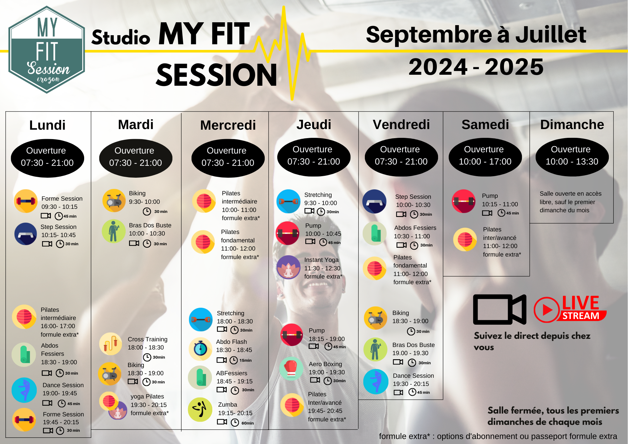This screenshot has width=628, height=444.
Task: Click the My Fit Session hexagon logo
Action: tap(47, 50)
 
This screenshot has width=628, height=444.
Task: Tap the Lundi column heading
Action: tap(47, 125)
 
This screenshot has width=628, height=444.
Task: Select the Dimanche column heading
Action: tap(572, 125)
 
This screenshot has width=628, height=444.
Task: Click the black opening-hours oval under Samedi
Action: tap(485, 157)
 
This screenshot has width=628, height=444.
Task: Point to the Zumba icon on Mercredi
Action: tap(200, 409)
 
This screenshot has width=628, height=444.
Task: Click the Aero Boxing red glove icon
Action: tap(291, 368)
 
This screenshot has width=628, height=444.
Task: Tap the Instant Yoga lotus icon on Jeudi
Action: tap(288, 267)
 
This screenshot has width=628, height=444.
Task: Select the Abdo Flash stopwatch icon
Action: tap(201, 349)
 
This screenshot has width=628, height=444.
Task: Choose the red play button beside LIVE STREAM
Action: tap(547, 310)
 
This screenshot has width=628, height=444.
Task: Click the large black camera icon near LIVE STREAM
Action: tap(500, 310)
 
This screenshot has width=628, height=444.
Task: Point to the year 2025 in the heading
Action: tap(514, 67)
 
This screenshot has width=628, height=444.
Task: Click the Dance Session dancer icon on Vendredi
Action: tap(376, 382)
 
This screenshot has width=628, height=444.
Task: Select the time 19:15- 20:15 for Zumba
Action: tap(235, 413)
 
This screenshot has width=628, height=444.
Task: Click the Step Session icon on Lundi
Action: tap(26, 234)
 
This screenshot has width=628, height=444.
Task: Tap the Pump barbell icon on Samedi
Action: tap(463, 201)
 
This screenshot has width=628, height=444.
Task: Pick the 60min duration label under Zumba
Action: tap(248, 423)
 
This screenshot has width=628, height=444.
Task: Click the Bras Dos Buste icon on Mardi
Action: tap(114, 231)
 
